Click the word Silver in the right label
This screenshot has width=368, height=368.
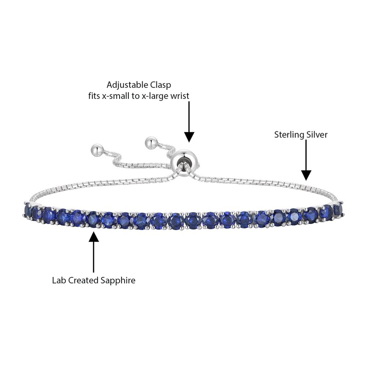click(x=317, y=135)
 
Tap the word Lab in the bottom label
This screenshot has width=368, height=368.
click(x=58, y=280)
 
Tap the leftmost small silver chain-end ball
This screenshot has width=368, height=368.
click(x=98, y=149)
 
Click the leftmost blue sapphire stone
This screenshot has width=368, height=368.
click(x=27, y=211)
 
